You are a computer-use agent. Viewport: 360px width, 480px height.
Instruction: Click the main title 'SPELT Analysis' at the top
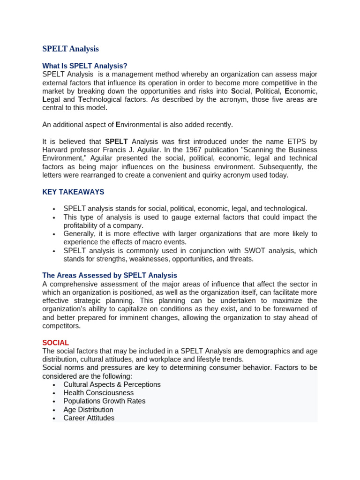71,49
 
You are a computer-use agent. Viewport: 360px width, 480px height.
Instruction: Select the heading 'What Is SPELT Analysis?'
85,66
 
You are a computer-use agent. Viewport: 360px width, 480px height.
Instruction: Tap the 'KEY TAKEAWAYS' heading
73,192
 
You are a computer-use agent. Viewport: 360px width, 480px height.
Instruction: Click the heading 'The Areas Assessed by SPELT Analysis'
110,276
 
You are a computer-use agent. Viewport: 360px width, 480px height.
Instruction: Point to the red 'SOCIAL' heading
55,343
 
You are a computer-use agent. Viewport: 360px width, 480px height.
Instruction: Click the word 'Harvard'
56,150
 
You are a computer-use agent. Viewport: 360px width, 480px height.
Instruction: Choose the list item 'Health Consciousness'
98,393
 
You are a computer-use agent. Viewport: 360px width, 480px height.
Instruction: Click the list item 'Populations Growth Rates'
105,401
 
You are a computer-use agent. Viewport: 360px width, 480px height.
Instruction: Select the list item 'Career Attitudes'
89,418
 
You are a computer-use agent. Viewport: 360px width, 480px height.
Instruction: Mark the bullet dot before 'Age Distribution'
54,410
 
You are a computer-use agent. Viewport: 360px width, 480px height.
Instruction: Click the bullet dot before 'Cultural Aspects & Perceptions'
54,385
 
